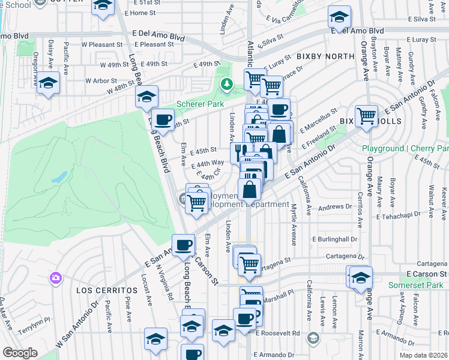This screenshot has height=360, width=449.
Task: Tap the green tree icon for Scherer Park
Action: tap(226, 83)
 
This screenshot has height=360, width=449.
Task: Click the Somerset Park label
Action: tap(418, 285)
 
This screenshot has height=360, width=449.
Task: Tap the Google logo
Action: tap(19, 353)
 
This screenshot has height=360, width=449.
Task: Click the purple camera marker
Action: tap(56, 277)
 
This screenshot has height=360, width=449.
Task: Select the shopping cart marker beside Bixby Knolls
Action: tap(366, 116)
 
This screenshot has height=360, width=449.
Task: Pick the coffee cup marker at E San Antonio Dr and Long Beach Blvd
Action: tap(184, 244)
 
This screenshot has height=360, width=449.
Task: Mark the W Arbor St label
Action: tap(101, 80)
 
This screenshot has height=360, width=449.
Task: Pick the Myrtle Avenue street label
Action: tap(294, 224)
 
